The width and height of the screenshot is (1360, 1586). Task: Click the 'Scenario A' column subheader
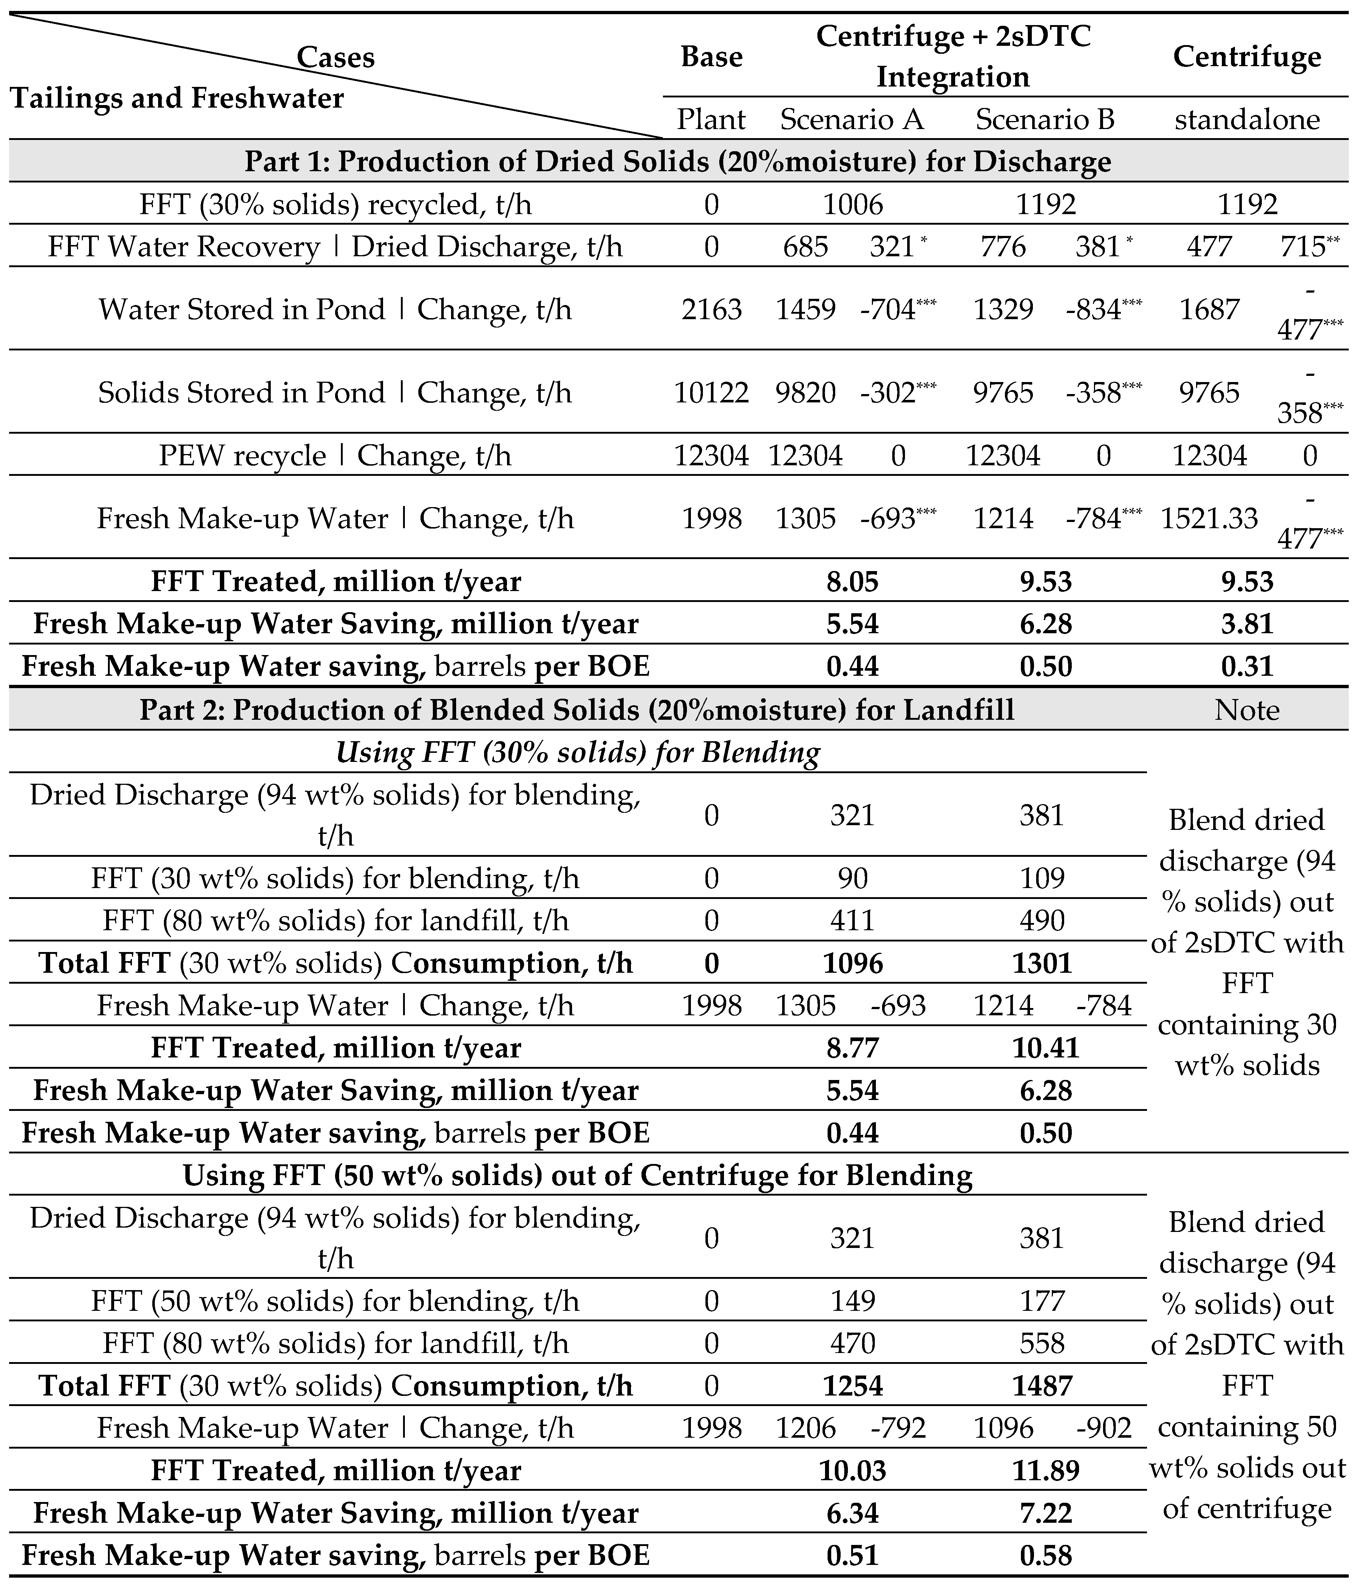coord(852,119)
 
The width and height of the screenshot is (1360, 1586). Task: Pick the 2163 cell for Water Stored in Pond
coord(711,309)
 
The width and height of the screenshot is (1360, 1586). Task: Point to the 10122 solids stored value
coord(711,393)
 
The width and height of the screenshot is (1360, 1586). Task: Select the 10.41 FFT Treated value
coord(1046,1047)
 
